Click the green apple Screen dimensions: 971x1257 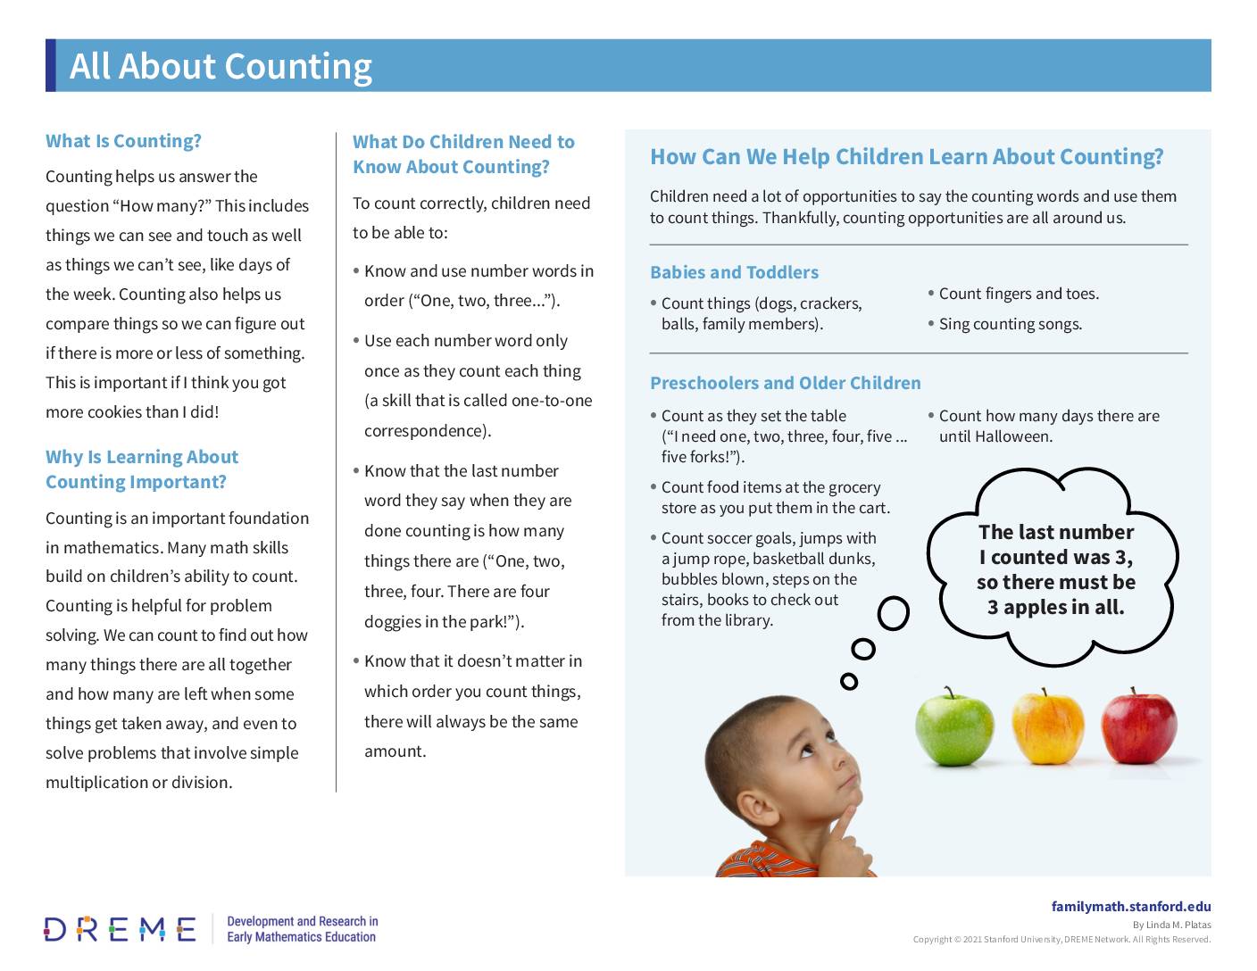(953, 728)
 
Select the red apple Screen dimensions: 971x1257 (1138, 728)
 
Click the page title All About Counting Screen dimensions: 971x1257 (221, 66)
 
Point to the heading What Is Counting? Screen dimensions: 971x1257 (123, 141)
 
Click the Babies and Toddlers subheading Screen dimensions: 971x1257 (734, 272)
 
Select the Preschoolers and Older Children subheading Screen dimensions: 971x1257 (785, 383)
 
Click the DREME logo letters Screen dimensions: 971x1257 (120, 929)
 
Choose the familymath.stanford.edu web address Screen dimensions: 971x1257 (1130, 907)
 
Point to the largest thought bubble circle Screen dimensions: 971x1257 (893, 613)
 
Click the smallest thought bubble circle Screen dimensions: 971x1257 (849, 682)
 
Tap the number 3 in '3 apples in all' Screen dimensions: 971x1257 (993, 608)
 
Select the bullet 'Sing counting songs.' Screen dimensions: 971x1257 (1010, 324)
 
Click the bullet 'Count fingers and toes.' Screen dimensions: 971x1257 (1019, 294)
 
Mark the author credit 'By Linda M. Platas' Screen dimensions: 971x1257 (1171, 925)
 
